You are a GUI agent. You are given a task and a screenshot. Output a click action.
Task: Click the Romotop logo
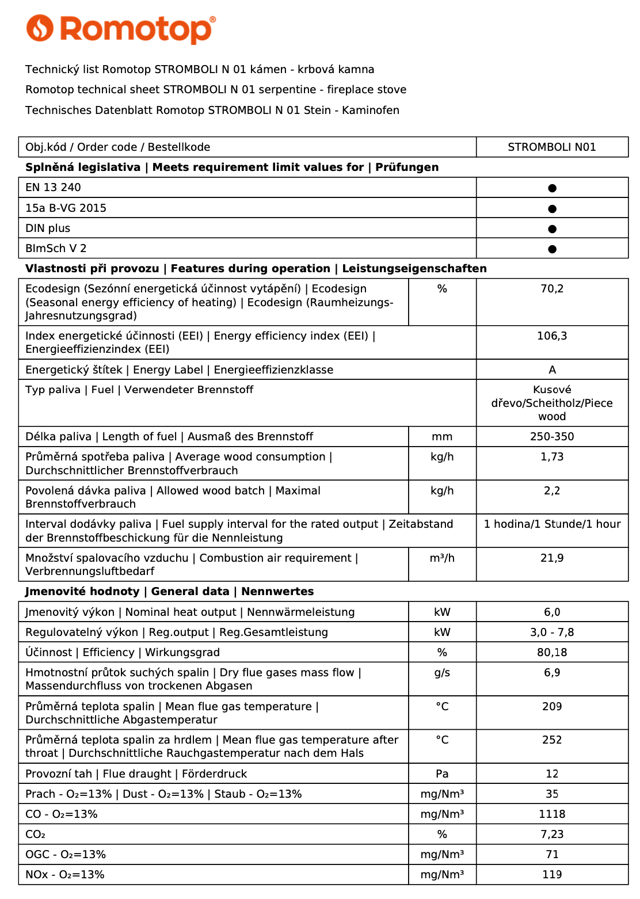click(x=121, y=29)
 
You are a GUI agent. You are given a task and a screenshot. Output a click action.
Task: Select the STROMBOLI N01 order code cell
click(x=551, y=147)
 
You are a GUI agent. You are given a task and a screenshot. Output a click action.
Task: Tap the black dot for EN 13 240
click(x=552, y=188)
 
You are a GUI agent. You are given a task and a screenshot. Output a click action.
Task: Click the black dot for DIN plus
click(x=552, y=229)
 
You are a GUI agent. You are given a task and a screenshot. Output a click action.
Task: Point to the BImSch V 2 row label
click(x=56, y=249)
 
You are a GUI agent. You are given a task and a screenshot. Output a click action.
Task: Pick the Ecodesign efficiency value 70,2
click(x=551, y=289)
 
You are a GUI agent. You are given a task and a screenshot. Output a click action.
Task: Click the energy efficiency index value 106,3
click(x=551, y=336)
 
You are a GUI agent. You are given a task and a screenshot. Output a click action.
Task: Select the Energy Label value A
click(x=552, y=370)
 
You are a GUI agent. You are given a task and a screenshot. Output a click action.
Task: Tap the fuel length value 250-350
click(x=551, y=437)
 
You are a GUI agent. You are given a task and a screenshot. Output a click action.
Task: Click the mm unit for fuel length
click(x=442, y=437)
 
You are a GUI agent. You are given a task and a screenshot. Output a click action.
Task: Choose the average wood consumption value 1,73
click(x=551, y=457)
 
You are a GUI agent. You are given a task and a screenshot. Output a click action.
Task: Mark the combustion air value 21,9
click(x=551, y=558)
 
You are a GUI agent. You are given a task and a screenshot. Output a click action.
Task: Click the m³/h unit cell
click(x=442, y=558)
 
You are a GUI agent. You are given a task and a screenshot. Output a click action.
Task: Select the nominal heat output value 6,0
click(x=551, y=612)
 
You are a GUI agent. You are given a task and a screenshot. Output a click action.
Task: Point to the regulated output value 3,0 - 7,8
click(x=551, y=633)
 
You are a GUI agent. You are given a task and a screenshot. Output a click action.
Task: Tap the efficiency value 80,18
click(x=551, y=653)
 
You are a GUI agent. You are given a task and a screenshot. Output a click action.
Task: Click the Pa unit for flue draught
click(x=442, y=774)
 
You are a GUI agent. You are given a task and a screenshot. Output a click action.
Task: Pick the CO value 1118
click(x=551, y=814)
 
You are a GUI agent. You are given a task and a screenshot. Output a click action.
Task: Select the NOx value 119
click(x=551, y=875)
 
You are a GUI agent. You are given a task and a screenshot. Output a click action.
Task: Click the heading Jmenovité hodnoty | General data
click(x=169, y=592)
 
